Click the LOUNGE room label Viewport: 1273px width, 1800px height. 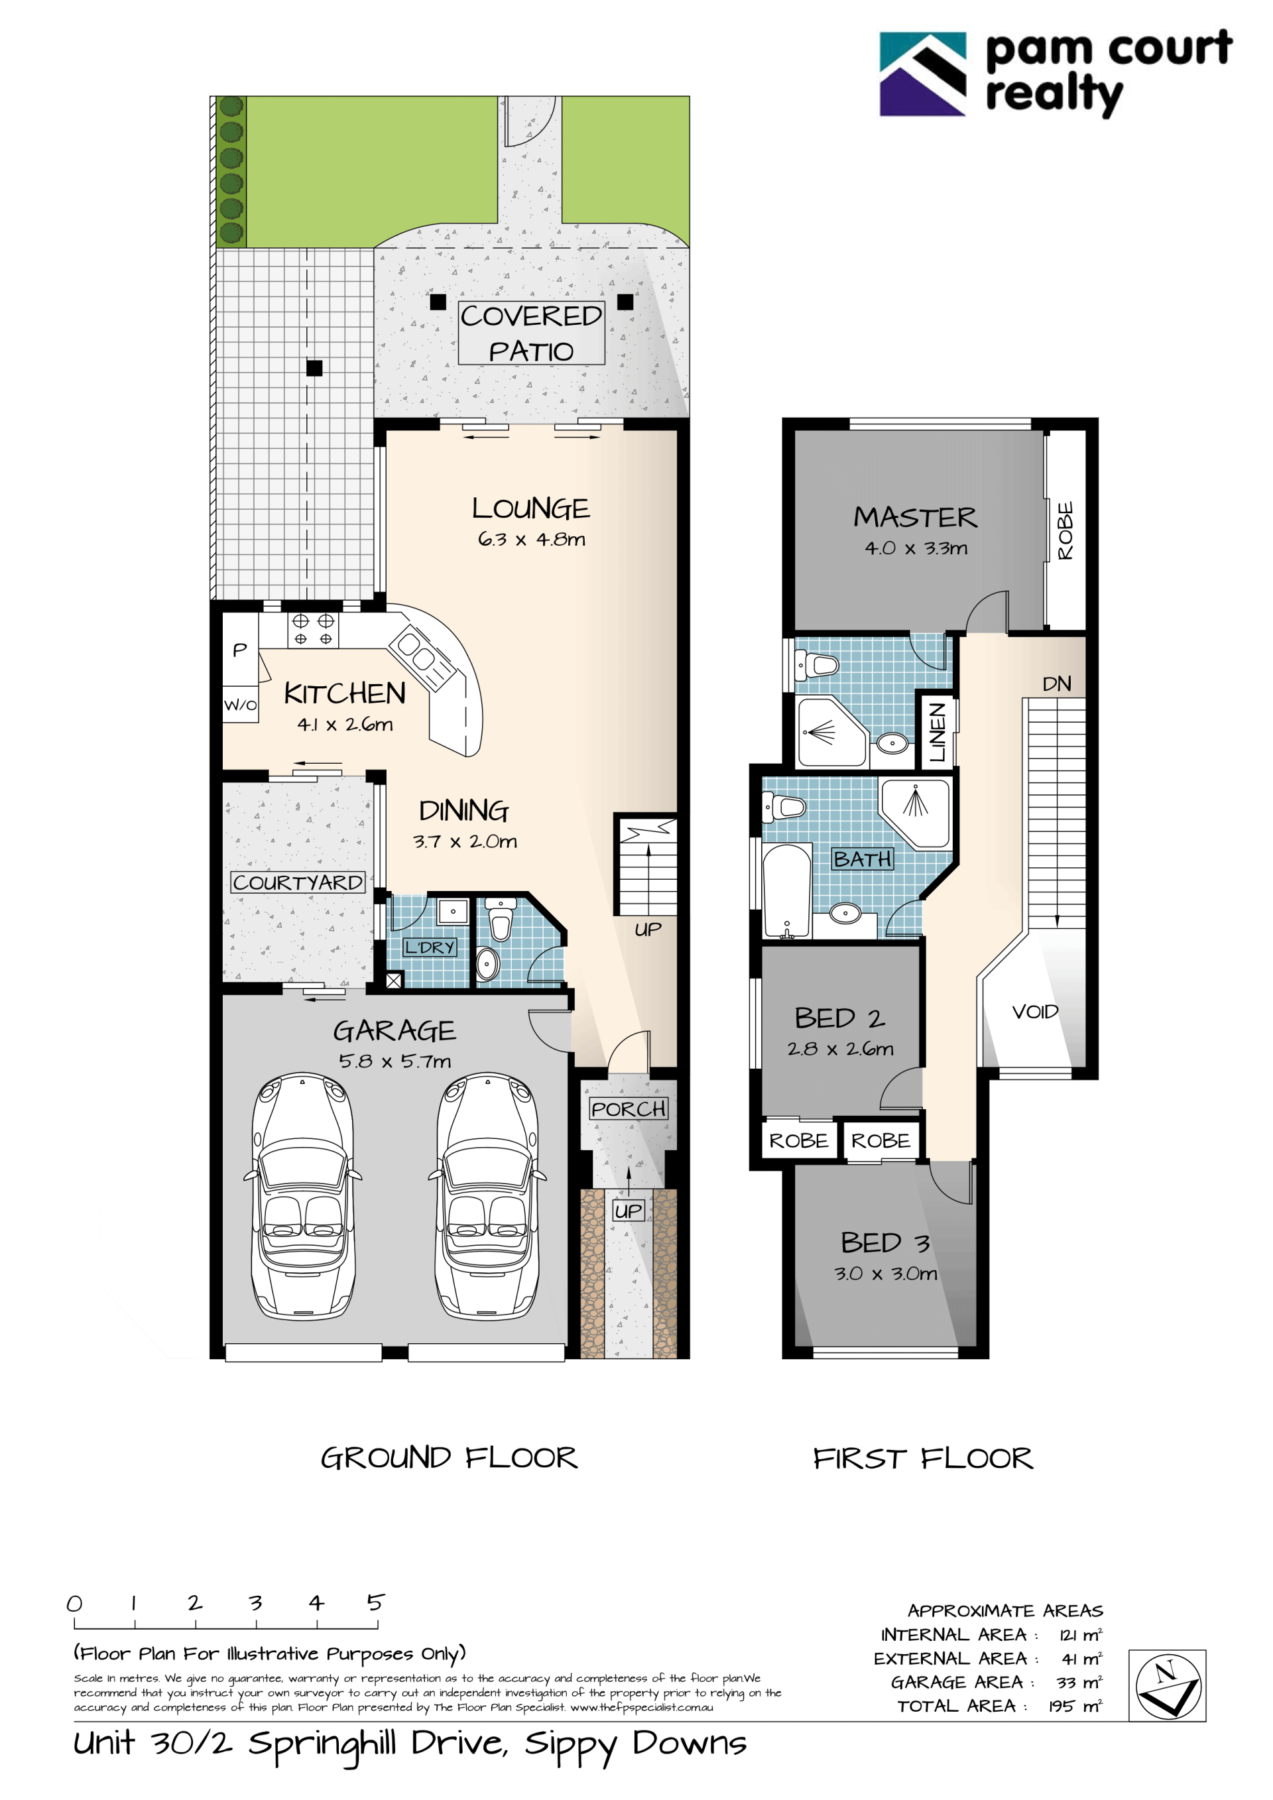530,508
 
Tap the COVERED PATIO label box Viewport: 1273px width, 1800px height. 532,333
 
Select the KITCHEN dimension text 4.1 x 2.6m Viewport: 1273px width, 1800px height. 345,725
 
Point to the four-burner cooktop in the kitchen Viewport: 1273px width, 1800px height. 313,630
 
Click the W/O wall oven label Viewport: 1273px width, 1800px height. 240,705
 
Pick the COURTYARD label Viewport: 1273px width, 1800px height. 298,882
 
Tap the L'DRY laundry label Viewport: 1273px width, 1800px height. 430,947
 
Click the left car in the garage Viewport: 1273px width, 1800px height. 302,1195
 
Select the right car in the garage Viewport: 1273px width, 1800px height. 487,1195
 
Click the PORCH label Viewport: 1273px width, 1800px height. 629,1109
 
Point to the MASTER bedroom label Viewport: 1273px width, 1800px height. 916,517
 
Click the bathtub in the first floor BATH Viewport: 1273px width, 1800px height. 787,890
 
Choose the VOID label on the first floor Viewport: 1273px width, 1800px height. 1035,1012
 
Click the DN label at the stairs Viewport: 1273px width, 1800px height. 1057,684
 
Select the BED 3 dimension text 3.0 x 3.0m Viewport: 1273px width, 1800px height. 886,1273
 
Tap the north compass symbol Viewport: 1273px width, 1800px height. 1167,1685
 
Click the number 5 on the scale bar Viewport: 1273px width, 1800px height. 375,1602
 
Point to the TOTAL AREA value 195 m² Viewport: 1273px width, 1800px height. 1075,1706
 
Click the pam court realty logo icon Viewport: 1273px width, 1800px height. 923,74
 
